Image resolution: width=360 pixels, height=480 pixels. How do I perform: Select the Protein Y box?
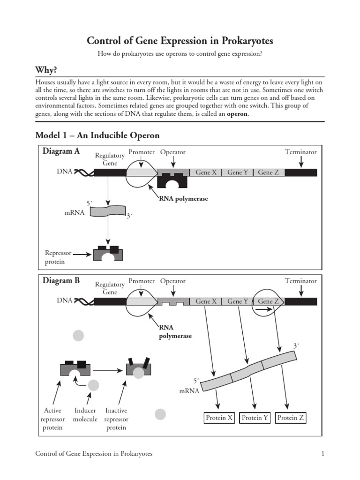(255, 418)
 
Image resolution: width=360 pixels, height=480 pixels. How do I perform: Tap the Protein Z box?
(291, 418)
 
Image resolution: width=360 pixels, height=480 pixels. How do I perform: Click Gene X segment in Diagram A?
(206, 172)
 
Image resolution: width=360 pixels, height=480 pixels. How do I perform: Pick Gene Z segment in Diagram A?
(269, 172)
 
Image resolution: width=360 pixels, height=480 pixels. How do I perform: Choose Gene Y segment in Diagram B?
(238, 301)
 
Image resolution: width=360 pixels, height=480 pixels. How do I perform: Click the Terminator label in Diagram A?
(300, 152)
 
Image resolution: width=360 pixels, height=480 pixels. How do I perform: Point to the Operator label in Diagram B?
(172, 281)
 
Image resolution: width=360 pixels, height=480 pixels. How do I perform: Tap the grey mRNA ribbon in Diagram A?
(108, 211)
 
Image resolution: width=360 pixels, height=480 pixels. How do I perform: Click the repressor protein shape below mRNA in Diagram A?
(108, 253)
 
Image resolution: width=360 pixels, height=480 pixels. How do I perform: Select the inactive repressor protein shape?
(139, 368)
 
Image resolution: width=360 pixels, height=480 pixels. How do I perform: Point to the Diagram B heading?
(61, 281)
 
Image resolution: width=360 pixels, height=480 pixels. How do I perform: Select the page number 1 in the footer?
(323, 454)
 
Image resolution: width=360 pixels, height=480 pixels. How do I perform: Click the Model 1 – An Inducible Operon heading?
(97, 135)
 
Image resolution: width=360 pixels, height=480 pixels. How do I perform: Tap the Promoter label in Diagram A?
(142, 152)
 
